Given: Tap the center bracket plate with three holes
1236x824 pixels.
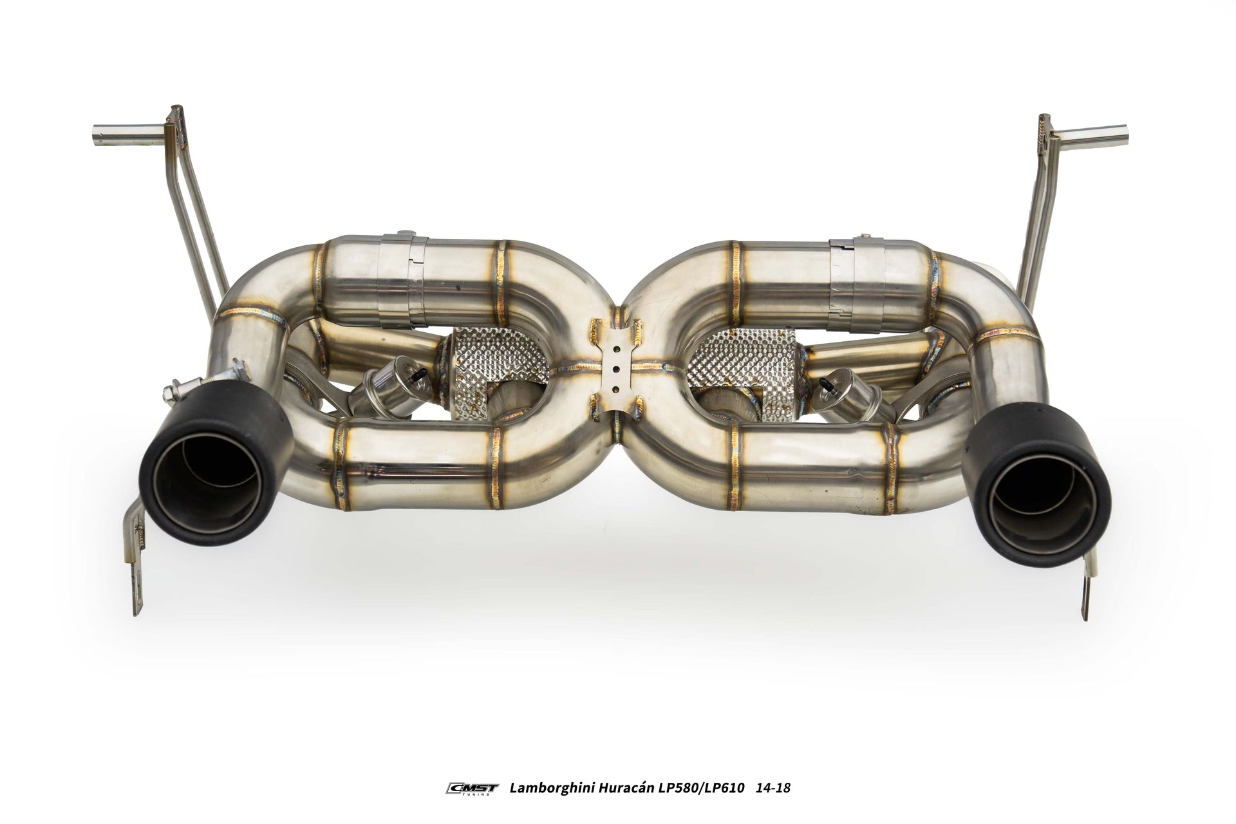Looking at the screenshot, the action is [617, 370].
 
